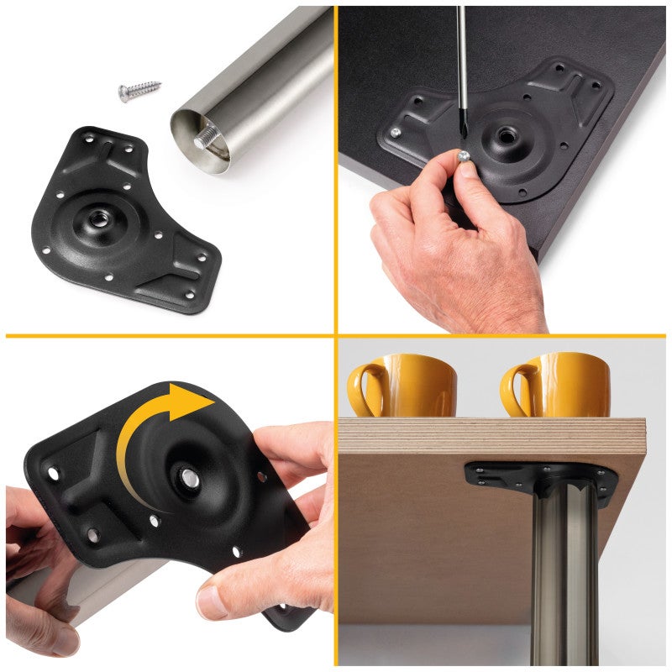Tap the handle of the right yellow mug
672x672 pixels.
click(516, 389)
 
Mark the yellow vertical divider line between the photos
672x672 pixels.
click(336, 168)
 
